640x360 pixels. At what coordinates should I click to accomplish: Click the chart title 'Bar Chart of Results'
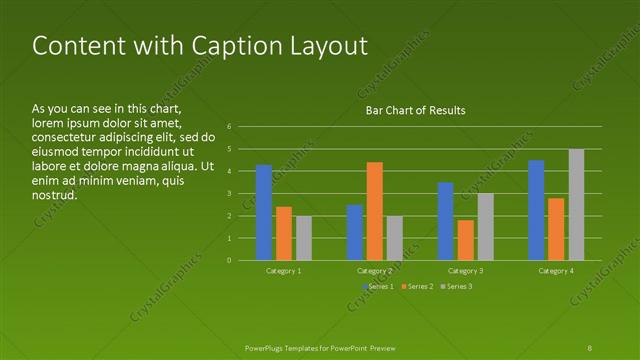point(414,110)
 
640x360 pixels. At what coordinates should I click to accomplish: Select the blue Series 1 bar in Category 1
point(264,212)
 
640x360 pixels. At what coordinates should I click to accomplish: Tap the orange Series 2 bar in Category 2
point(374,211)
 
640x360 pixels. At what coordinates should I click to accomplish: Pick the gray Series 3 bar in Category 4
point(576,204)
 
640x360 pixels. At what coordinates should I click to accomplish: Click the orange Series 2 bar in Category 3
point(465,240)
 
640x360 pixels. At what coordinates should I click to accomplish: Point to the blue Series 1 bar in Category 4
point(536,210)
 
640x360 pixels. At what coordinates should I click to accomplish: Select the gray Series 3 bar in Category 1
point(304,238)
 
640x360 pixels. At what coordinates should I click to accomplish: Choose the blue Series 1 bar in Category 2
point(354,232)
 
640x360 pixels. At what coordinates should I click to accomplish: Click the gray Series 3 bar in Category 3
point(485,227)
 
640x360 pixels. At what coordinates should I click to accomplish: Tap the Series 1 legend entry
point(378,287)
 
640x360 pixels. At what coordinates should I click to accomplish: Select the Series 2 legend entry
point(417,287)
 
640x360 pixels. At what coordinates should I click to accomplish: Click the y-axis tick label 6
point(230,127)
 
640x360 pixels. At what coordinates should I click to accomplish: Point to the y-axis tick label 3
point(230,194)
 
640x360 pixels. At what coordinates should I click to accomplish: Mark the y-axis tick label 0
point(230,261)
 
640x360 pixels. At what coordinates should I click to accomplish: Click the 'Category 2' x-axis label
point(374,271)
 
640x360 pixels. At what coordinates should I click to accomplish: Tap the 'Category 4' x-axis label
point(556,271)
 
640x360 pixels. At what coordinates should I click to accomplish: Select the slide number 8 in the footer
point(590,347)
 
